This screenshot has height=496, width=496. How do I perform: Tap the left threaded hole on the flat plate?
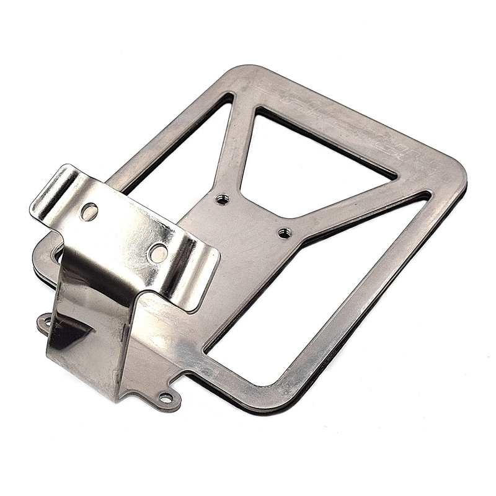pyautogui.click(x=221, y=199)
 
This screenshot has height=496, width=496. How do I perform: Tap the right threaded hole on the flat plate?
pyautogui.click(x=284, y=233)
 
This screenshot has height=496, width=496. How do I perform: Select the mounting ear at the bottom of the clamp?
pyautogui.click(x=166, y=397)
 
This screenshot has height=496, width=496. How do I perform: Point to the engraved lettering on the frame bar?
pyautogui.click(x=347, y=124)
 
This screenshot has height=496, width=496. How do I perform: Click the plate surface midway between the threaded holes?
pyautogui.click(x=253, y=216)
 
